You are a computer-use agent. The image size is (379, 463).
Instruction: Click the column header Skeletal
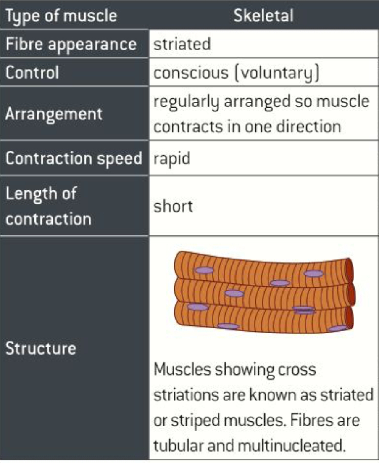(263, 16)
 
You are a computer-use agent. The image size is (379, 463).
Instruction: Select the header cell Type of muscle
(61, 16)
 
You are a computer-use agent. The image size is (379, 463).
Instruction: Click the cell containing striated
(182, 44)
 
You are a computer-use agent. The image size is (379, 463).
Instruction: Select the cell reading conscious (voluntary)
(237, 73)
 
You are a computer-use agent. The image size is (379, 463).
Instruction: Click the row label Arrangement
(53, 114)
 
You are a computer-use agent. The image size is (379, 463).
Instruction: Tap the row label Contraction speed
(74, 159)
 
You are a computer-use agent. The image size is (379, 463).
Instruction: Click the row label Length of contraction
(48, 206)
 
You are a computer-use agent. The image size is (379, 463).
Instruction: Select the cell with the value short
(173, 206)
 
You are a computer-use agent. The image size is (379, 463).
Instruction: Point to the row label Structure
(40, 349)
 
